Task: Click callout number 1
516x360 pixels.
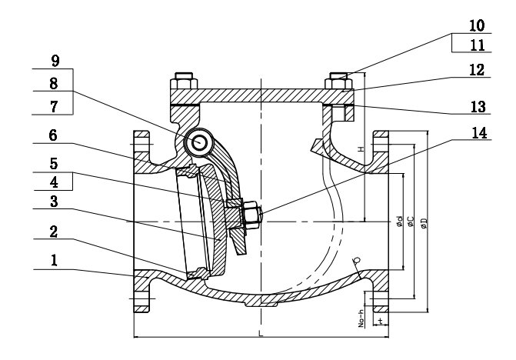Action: click(x=54, y=261)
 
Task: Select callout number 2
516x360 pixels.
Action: click(x=54, y=232)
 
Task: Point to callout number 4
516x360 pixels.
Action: click(x=54, y=182)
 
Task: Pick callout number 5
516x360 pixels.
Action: click(x=54, y=163)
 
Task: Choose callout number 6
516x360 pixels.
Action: click(x=54, y=133)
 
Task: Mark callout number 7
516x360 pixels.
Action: click(x=54, y=104)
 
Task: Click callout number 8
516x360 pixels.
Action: click(x=54, y=82)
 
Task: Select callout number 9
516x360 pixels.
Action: click(x=54, y=60)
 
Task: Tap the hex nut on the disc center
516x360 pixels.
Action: click(x=251, y=215)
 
